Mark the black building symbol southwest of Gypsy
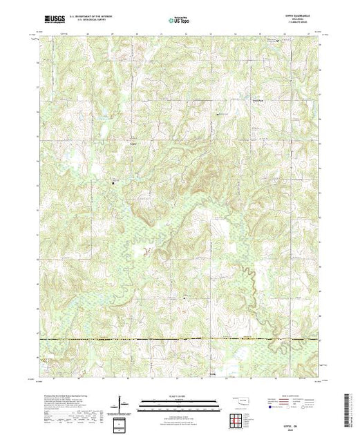click(x=114, y=182)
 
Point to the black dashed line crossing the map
click(x=180, y=340)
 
